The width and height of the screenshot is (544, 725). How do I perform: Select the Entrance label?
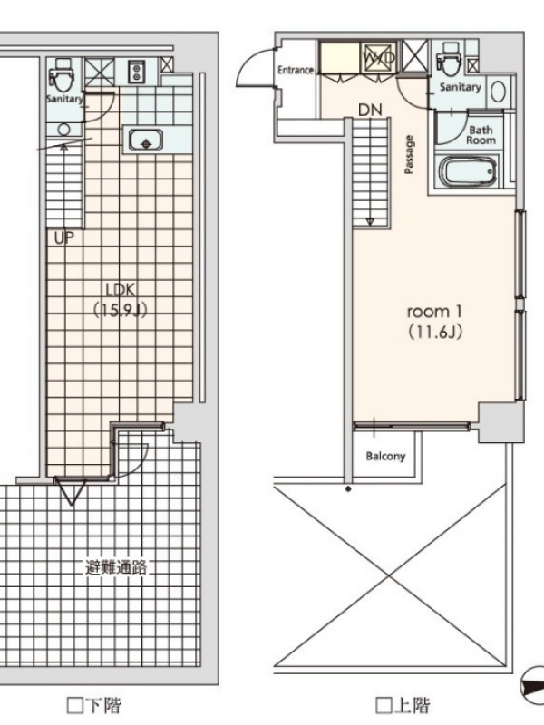pyautogui.click(x=296, y=70)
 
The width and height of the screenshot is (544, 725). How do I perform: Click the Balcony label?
pyautogui.click(x=385, y=457)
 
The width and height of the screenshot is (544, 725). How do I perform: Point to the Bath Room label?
pyautogui.click(x=481, y=135)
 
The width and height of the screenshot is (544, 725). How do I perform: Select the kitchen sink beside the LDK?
pyautogui.click(x=145, y=140)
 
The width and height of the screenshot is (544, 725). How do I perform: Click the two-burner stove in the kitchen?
pyautogui.click(x=137, y=72)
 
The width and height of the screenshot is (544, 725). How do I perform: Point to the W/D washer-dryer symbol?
pyautogui.click(x=379, y=58)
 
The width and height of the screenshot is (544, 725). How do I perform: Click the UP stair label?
pyautogui.click(x=64, y=238)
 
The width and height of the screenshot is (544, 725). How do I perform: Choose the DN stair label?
pyautogui.click(x=370, y=110)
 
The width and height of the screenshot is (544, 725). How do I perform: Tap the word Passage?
pyautogui.click(x=409, y=154)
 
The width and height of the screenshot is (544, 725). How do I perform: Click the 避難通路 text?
pyautogui.click(x=116, y=567)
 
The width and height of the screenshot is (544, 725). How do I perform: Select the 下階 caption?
pyautogui.click(x=103, y=706)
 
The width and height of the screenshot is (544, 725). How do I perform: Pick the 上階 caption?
pyautogui.click(x=412, y=706)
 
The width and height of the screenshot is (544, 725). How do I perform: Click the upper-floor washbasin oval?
pyautogui.click(x=497, y=92)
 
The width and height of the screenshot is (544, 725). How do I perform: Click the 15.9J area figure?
pyautogui.click(x=121, y=310)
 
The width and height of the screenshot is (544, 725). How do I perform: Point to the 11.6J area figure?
pyautogui.click(x=435, y=332)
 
